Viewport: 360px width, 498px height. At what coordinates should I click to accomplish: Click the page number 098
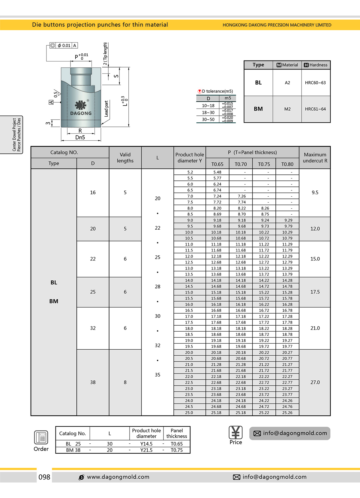click(44, 477)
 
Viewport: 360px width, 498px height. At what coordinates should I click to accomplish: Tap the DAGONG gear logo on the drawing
click(80, 105)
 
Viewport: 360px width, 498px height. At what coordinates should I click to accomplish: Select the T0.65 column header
click(217, 164)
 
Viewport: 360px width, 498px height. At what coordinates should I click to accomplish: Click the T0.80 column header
click(287, 164)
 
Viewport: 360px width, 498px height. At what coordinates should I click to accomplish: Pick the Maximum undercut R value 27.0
click(315, 382)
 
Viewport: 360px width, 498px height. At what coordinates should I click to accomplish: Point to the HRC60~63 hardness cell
click(315, 83)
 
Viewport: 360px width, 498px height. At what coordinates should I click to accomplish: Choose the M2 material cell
click(287, 109)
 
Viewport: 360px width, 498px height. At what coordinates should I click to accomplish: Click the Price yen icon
click(235, 433)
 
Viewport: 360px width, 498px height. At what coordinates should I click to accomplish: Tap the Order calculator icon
click(41, 437)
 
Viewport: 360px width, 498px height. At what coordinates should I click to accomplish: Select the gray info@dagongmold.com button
click(290, 433)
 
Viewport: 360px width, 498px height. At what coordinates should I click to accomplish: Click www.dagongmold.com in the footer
click(118, 477)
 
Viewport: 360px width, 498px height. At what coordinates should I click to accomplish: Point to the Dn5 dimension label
click(80, 137)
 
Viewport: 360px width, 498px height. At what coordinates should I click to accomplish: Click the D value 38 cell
click(93, 382)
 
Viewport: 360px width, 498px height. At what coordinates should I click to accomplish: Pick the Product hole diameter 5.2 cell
click(190, 172)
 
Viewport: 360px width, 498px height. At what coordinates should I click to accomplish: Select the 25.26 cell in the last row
click(287, 413)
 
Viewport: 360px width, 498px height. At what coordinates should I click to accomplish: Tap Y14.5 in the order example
click(146, 444)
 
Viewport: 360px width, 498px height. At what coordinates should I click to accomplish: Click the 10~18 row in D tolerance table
click(208, 106)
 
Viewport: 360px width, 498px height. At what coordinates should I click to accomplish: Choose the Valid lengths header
click(125, 158)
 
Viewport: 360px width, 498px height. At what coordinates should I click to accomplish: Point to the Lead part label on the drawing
click(106, 109)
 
